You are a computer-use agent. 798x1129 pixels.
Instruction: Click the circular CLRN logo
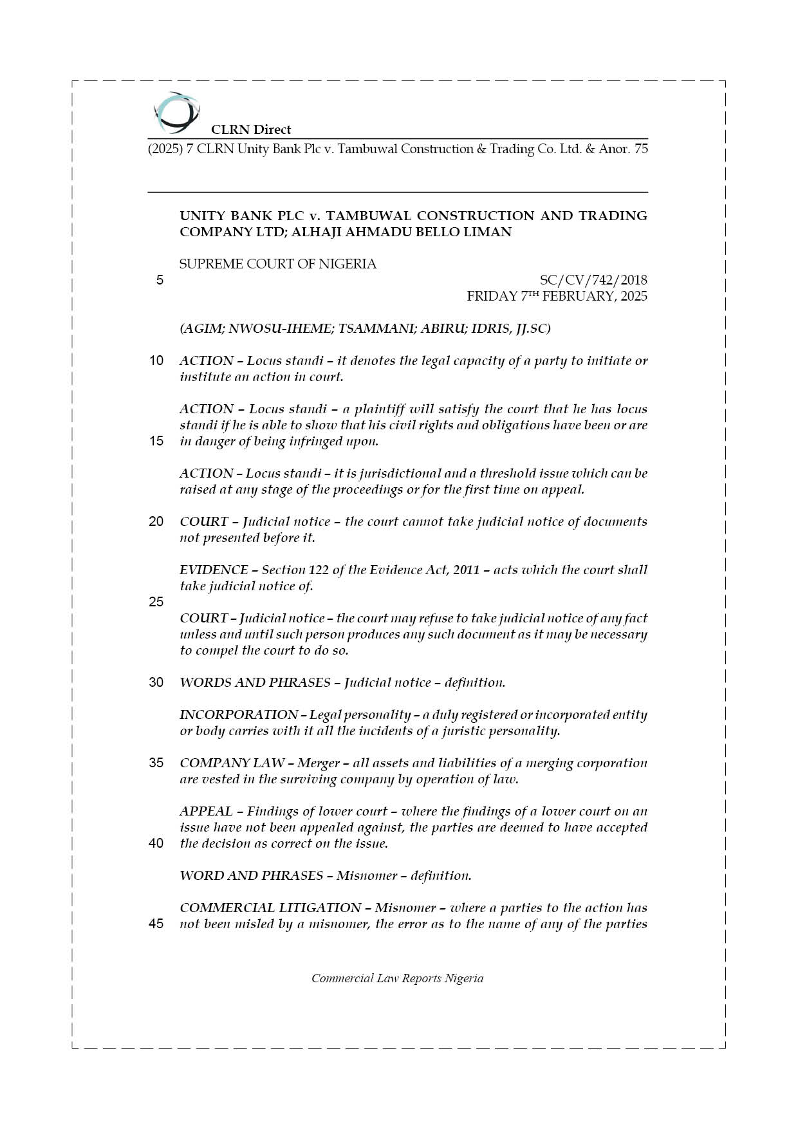coord(176,113)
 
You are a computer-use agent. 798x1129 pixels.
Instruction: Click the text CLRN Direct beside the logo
coord(251,129)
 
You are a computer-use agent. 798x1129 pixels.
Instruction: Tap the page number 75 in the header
coord(640,149)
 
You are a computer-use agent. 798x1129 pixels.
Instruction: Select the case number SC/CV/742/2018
coord(593,280)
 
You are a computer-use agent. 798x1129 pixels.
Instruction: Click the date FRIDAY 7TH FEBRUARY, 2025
coord(557,296)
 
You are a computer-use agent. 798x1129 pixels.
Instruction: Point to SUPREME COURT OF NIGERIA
coord(278,264)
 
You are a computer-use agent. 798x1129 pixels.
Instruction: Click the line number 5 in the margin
coord(159,280)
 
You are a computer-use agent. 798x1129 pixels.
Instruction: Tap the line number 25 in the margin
coord(156,602)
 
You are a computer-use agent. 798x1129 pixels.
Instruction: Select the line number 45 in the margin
coord(156,924)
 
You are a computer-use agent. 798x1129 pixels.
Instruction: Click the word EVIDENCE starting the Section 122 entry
coord(214,570)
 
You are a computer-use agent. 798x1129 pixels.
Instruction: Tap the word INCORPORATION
coord(238,714)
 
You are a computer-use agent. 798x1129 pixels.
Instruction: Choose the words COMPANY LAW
coord(232,763)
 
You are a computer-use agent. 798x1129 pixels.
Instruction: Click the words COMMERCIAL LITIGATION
coord(270,908)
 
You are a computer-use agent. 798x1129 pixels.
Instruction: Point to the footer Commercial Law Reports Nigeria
coord(397,978)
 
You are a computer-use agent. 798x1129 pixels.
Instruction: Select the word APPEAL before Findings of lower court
coord(206,811)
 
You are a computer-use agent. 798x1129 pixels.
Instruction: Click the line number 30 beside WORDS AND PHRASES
coord(156,682)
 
